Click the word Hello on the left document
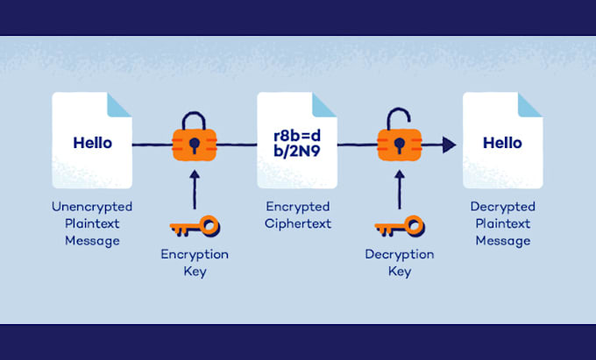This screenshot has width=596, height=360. (x=92, y=143)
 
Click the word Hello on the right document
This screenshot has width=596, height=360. (x=502, y=143)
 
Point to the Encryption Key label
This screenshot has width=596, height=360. (x=195, y=262)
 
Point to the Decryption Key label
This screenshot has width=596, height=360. (x=399, y=262)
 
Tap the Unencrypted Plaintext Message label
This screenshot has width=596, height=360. (x=92, y=223)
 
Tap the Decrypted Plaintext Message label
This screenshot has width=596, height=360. (x=502, y=223)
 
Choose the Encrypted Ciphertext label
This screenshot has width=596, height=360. (x=297, y=215)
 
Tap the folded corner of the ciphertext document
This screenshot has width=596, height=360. (x=325, y=104)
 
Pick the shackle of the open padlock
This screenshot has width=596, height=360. (x=395, y=116)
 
